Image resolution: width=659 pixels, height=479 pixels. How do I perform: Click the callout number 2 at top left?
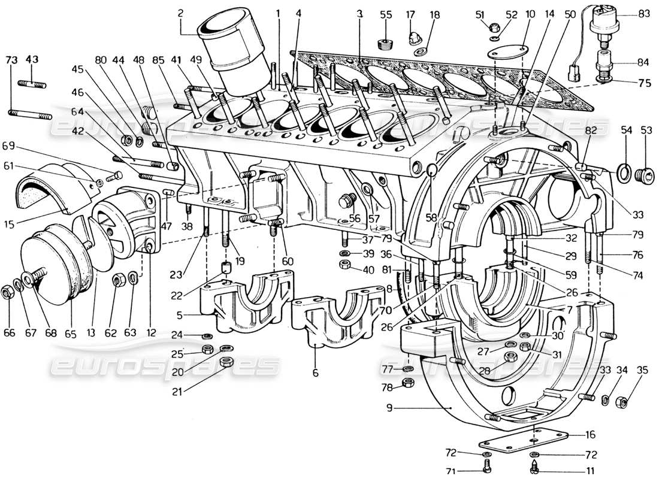pos(180,12)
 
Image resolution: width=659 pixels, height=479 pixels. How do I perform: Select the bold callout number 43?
pos(32,59)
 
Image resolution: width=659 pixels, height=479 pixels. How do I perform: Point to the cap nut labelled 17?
pos(412,40)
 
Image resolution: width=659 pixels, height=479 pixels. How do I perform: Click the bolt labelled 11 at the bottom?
pos(534,464)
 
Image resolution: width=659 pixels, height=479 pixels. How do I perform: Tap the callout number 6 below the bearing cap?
pos(315,373)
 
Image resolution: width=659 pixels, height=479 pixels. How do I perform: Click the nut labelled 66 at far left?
pos(8,292)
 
